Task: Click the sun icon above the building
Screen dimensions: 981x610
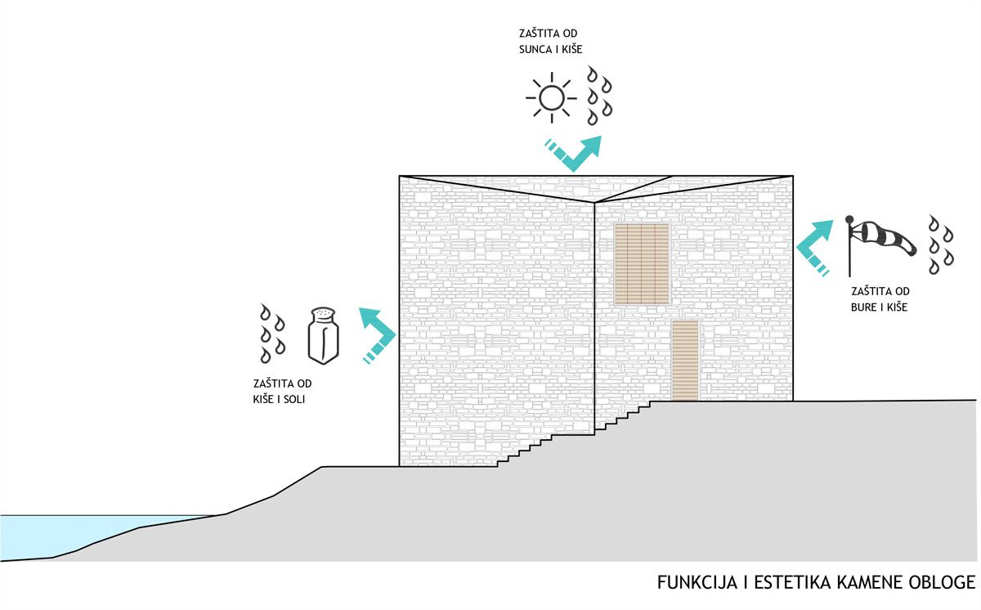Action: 551,97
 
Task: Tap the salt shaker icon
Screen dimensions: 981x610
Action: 323,336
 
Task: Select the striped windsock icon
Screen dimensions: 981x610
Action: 880,245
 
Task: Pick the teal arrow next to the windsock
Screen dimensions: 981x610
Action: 814,249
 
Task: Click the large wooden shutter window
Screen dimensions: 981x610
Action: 642,263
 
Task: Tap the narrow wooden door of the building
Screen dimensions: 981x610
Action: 685,361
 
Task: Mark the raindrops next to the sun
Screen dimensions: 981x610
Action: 599,96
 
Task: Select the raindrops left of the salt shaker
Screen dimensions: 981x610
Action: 272,334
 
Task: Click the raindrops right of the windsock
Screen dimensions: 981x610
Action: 941,245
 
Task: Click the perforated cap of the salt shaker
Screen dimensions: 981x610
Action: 323,312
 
